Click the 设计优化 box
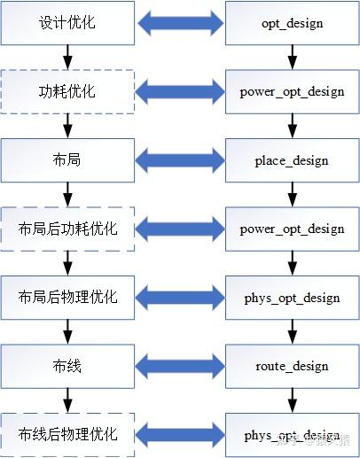pyautogui.click(x=68, y=23)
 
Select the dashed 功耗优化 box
pyautogui.click(x=68, y=91)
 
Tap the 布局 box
pyautogui.click(x=68, y=160)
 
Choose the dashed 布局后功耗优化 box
pyautogui.click(x=68, y=229)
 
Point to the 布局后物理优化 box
pyautogui.click(x=68, y=297)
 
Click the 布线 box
pyautogui.click(x=68, y=365)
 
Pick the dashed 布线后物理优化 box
pyautogui.click(x=68, y=434)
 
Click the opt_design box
pyautogui.click(x=292, y=23)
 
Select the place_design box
pyautogui.click(x=292, y=160)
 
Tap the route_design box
pyautogui.click(x=292, y=365)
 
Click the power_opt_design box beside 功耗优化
pyautogui.click(x=292, y=91)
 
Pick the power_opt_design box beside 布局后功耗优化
pyautogui.click(x=292, y=229)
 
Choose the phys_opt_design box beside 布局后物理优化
pyautogui.click(x=292, y=297)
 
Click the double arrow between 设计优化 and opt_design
pyautogui.click(x=180, y=23)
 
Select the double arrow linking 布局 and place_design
pyautogui.click(x=180, y=160)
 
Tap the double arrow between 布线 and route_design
pyautogui.click(x=180, y=365)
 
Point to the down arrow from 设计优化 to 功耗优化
pyautogui.click(x=68, y=58)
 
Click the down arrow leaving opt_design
pyautogui.click(x=292, y=58)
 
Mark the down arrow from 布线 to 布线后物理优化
pyautogui.click(x=68, y=400)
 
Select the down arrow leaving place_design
pyautogui.click(x=292, y=194)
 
